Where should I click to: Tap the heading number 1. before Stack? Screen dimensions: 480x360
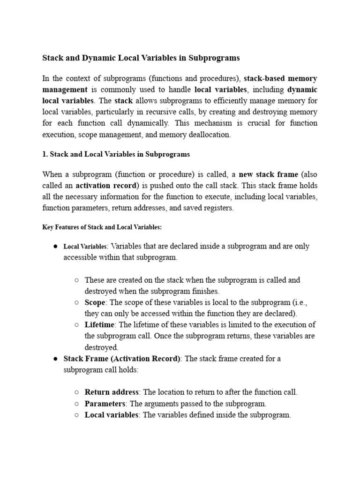(45, 154)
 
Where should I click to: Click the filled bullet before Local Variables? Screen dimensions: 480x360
(55, 246)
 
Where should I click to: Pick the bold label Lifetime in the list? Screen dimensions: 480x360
(100, 325)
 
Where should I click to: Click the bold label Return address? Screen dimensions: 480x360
(112, 392)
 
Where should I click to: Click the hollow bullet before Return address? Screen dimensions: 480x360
(76, 392)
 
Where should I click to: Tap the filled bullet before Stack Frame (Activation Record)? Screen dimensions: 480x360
(55, 359)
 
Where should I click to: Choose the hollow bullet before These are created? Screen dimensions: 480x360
(76, 280)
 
